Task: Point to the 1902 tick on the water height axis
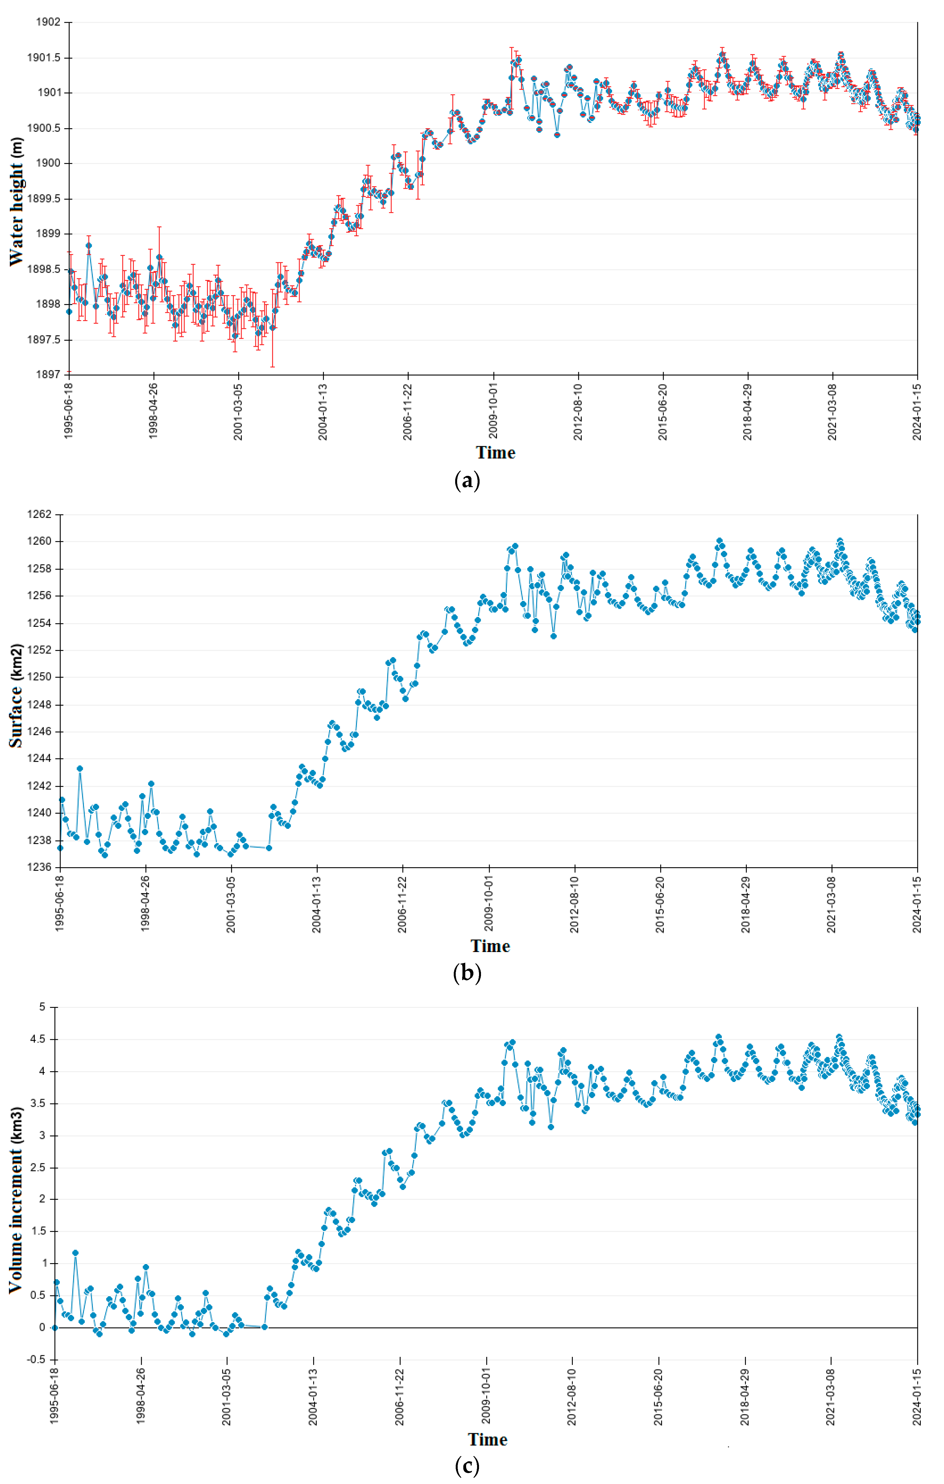[48, 22]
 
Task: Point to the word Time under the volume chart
[487, 1439]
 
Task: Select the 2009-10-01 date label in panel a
[493, 412]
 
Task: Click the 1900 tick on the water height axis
[48, 163]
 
